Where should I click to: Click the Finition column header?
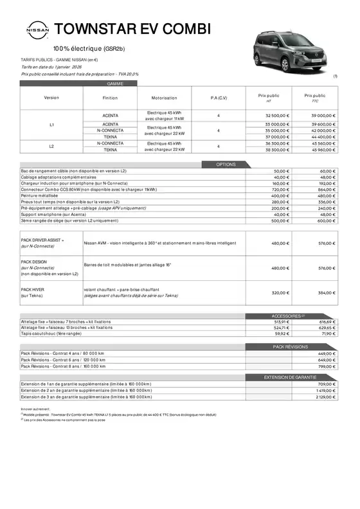click(x=110, y=98)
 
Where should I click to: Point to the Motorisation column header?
click(x=164, y=98)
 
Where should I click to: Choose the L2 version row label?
click(x=52, y=146)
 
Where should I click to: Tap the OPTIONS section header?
click(x=226, y=165)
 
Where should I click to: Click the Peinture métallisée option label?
click(x=40, y=195)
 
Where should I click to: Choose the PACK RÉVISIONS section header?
click(x=291, y=346)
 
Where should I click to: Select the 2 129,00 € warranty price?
click(x=326, y=397)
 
